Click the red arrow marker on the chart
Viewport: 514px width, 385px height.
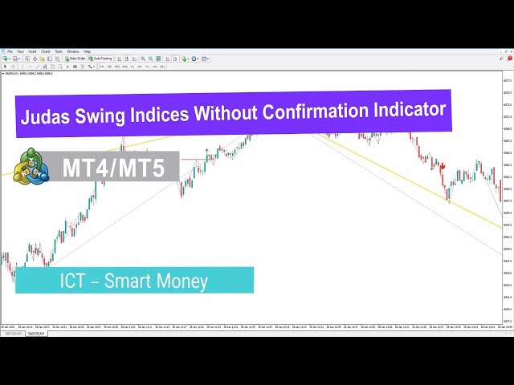(442, 167)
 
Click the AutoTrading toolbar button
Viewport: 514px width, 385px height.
(102, 59)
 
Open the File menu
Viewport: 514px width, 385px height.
(10, 51)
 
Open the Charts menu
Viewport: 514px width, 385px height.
(46, 51)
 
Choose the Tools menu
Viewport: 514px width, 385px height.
(59, 51)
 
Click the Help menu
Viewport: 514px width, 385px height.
(87, 51)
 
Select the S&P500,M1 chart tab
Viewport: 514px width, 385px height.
(38, 333)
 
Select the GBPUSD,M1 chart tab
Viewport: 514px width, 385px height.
(14, 333)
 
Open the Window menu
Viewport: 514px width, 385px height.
(73, 51)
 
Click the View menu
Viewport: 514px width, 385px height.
(21, 51)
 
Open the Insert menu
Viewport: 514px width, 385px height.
(33, 51)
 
